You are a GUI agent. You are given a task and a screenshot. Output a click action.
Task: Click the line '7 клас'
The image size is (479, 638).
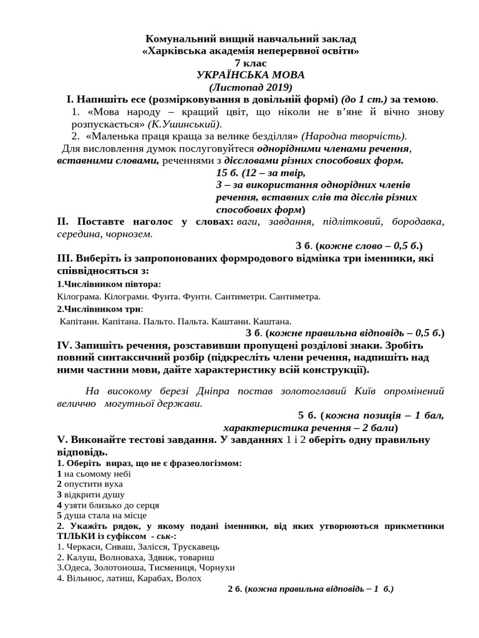pyautogui.click(x=250, y=63)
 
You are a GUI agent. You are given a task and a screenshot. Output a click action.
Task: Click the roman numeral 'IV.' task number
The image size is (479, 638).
pyautogui.click(x=64, y=345)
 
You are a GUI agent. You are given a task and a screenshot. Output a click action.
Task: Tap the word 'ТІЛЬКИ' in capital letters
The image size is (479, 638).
pyautogui.click(x=76, y=536)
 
